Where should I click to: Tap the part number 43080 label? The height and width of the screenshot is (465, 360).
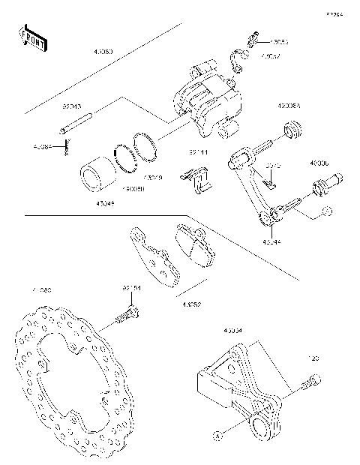click(104, 52)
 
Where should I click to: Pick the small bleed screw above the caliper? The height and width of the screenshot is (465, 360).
click(254, 36)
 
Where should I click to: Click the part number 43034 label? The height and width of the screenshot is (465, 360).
click(233, 329)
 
